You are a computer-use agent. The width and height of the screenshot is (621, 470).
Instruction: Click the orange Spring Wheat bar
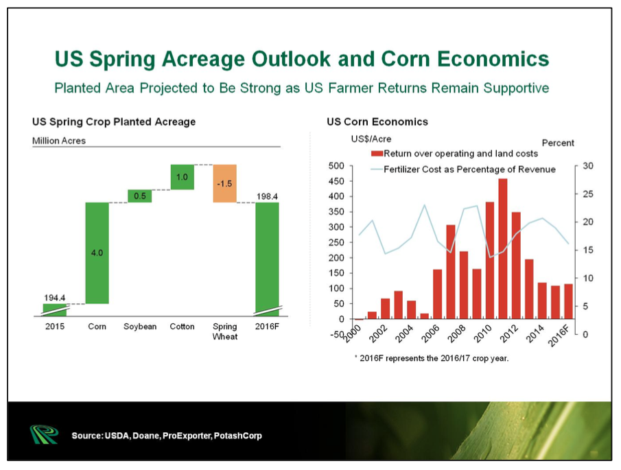pyautogui.click(x=224, y=183)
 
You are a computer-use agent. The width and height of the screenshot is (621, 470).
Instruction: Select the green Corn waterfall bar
pyautogui.click(x=97, y=253)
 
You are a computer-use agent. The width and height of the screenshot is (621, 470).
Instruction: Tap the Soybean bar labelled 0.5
pyautogui.click(x=140, y=196)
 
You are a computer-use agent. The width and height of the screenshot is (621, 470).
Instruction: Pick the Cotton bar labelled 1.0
pyautogui.click(x=182, y=177)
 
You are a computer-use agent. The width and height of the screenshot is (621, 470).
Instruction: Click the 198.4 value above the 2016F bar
pyautogui.click(x=267, y=196)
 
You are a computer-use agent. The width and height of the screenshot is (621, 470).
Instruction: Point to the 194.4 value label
pyautogui.click(x=55, y=298)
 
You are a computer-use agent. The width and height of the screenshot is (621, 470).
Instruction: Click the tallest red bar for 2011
pyautogui.click(x=502, y=248)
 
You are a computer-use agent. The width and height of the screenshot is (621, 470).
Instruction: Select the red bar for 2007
pyautogui.click(x=451, y=272)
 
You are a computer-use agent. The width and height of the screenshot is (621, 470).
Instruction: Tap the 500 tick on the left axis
pyautogui.click(x=336, y=165)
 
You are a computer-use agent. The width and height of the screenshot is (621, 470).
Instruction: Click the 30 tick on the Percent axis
pyautogui.click(x=588, y=165)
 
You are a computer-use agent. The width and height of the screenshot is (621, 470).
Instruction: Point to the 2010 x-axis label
pyautogui.click(x=483, y=333)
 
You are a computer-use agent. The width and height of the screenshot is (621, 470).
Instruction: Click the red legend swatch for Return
pyautogui.click(x=377, y=154)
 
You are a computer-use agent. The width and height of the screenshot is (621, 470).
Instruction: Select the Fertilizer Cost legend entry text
pyautogui.click(x=469, y=169)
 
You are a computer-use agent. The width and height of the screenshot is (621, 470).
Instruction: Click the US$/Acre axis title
pyautogui.click(x=371, y=139)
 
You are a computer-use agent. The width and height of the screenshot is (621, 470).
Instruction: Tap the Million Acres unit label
pyautogui.click(x=59, y=141)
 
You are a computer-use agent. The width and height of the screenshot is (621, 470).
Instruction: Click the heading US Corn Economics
pyautogui.click(x=377, y=121)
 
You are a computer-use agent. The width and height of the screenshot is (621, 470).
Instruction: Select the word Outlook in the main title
pyautogui.click(x=291, y=59)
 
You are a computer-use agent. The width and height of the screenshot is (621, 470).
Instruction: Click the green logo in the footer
pyautogui.click(x=44, y=434)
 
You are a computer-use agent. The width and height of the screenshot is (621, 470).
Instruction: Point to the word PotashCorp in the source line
pyautogui.click(x=237, y=436)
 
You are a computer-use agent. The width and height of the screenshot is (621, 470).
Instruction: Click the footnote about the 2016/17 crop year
pyautogui.click(x=432, y=358)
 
